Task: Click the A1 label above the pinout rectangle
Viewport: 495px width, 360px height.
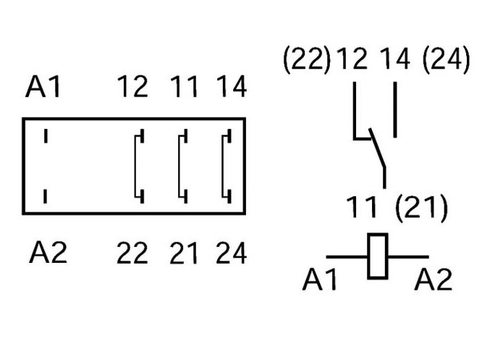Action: [44, 88]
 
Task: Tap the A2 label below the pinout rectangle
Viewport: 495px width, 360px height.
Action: [48, 254]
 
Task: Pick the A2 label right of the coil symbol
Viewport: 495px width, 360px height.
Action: [433, 279]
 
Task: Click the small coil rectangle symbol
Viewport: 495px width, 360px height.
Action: [377, 256]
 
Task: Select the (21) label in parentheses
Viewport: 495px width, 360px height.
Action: [422, 209]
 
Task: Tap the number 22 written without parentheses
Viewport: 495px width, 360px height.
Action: [132, 254]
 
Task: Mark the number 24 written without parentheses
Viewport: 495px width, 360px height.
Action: [231, 254]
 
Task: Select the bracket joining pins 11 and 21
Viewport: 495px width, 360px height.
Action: [182, 165]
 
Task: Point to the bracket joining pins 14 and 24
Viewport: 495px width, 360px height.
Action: [227, 165]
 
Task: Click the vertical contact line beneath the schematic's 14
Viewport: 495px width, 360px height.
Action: [395, 110]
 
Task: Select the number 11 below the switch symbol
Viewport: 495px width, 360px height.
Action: [363, 209]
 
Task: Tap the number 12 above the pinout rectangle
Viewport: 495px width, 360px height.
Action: [133, 88]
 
